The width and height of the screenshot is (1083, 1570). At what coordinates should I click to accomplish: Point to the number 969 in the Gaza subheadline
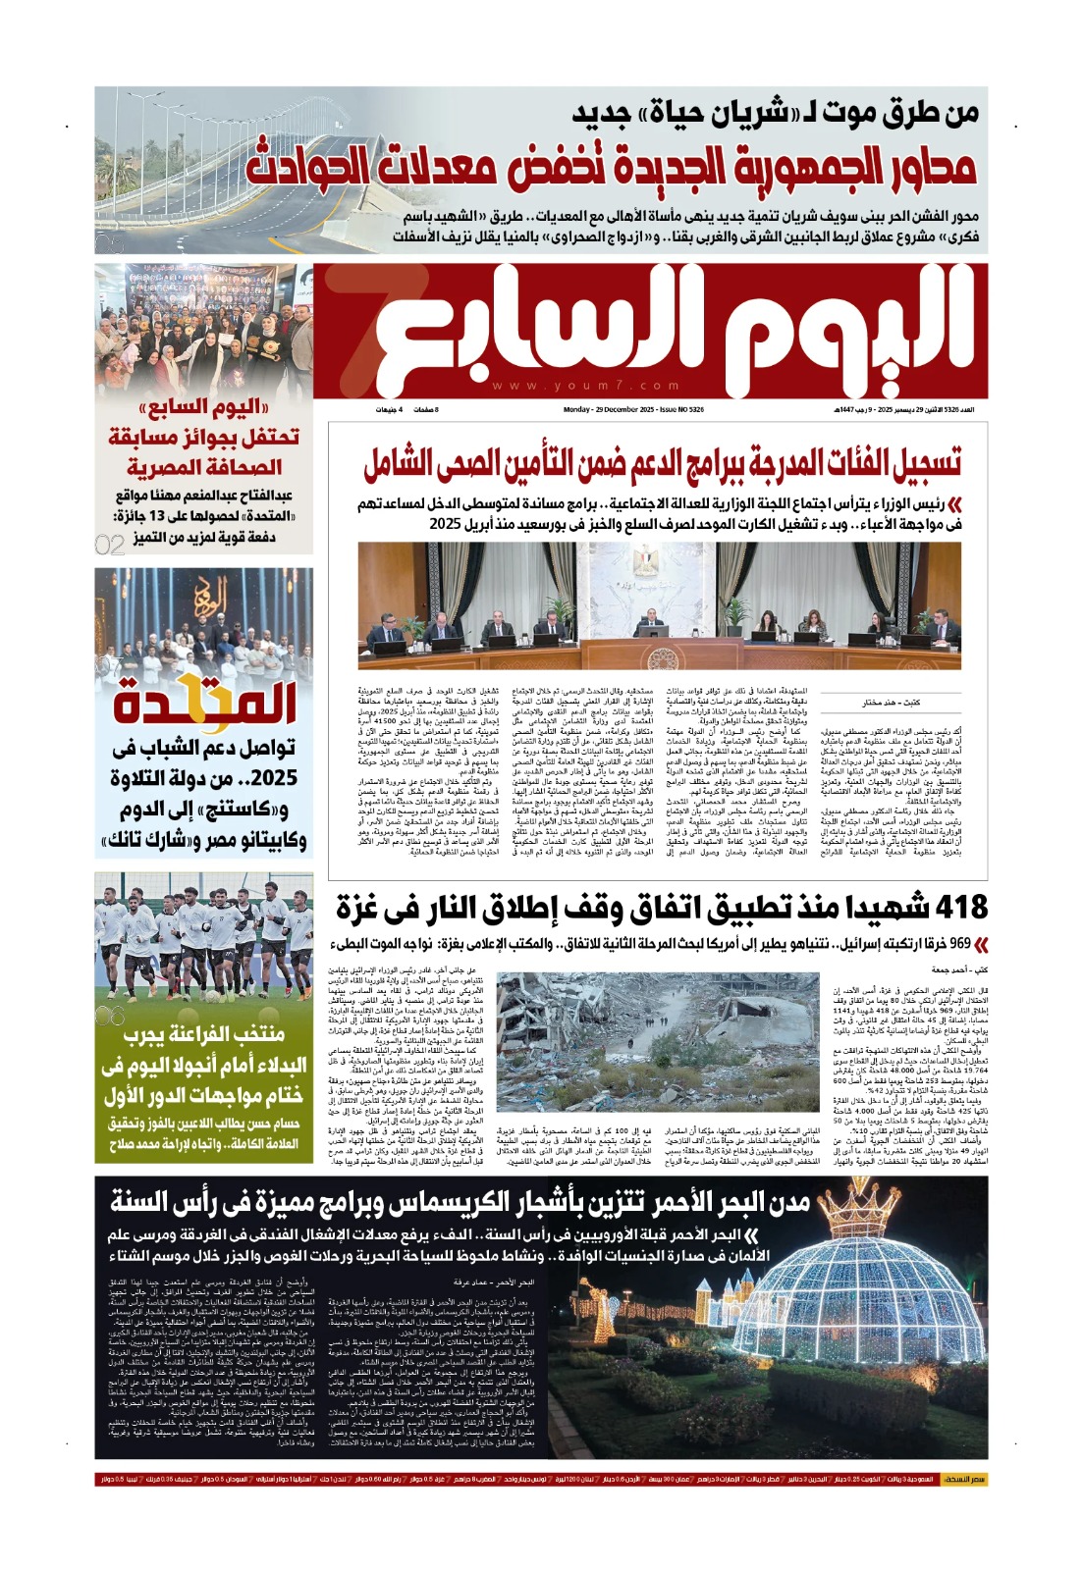tap(953, 943)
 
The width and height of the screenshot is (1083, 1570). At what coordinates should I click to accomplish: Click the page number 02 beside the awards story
tap(110, 544)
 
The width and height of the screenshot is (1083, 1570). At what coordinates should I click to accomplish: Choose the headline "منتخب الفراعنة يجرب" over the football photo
tap(204, 1033)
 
